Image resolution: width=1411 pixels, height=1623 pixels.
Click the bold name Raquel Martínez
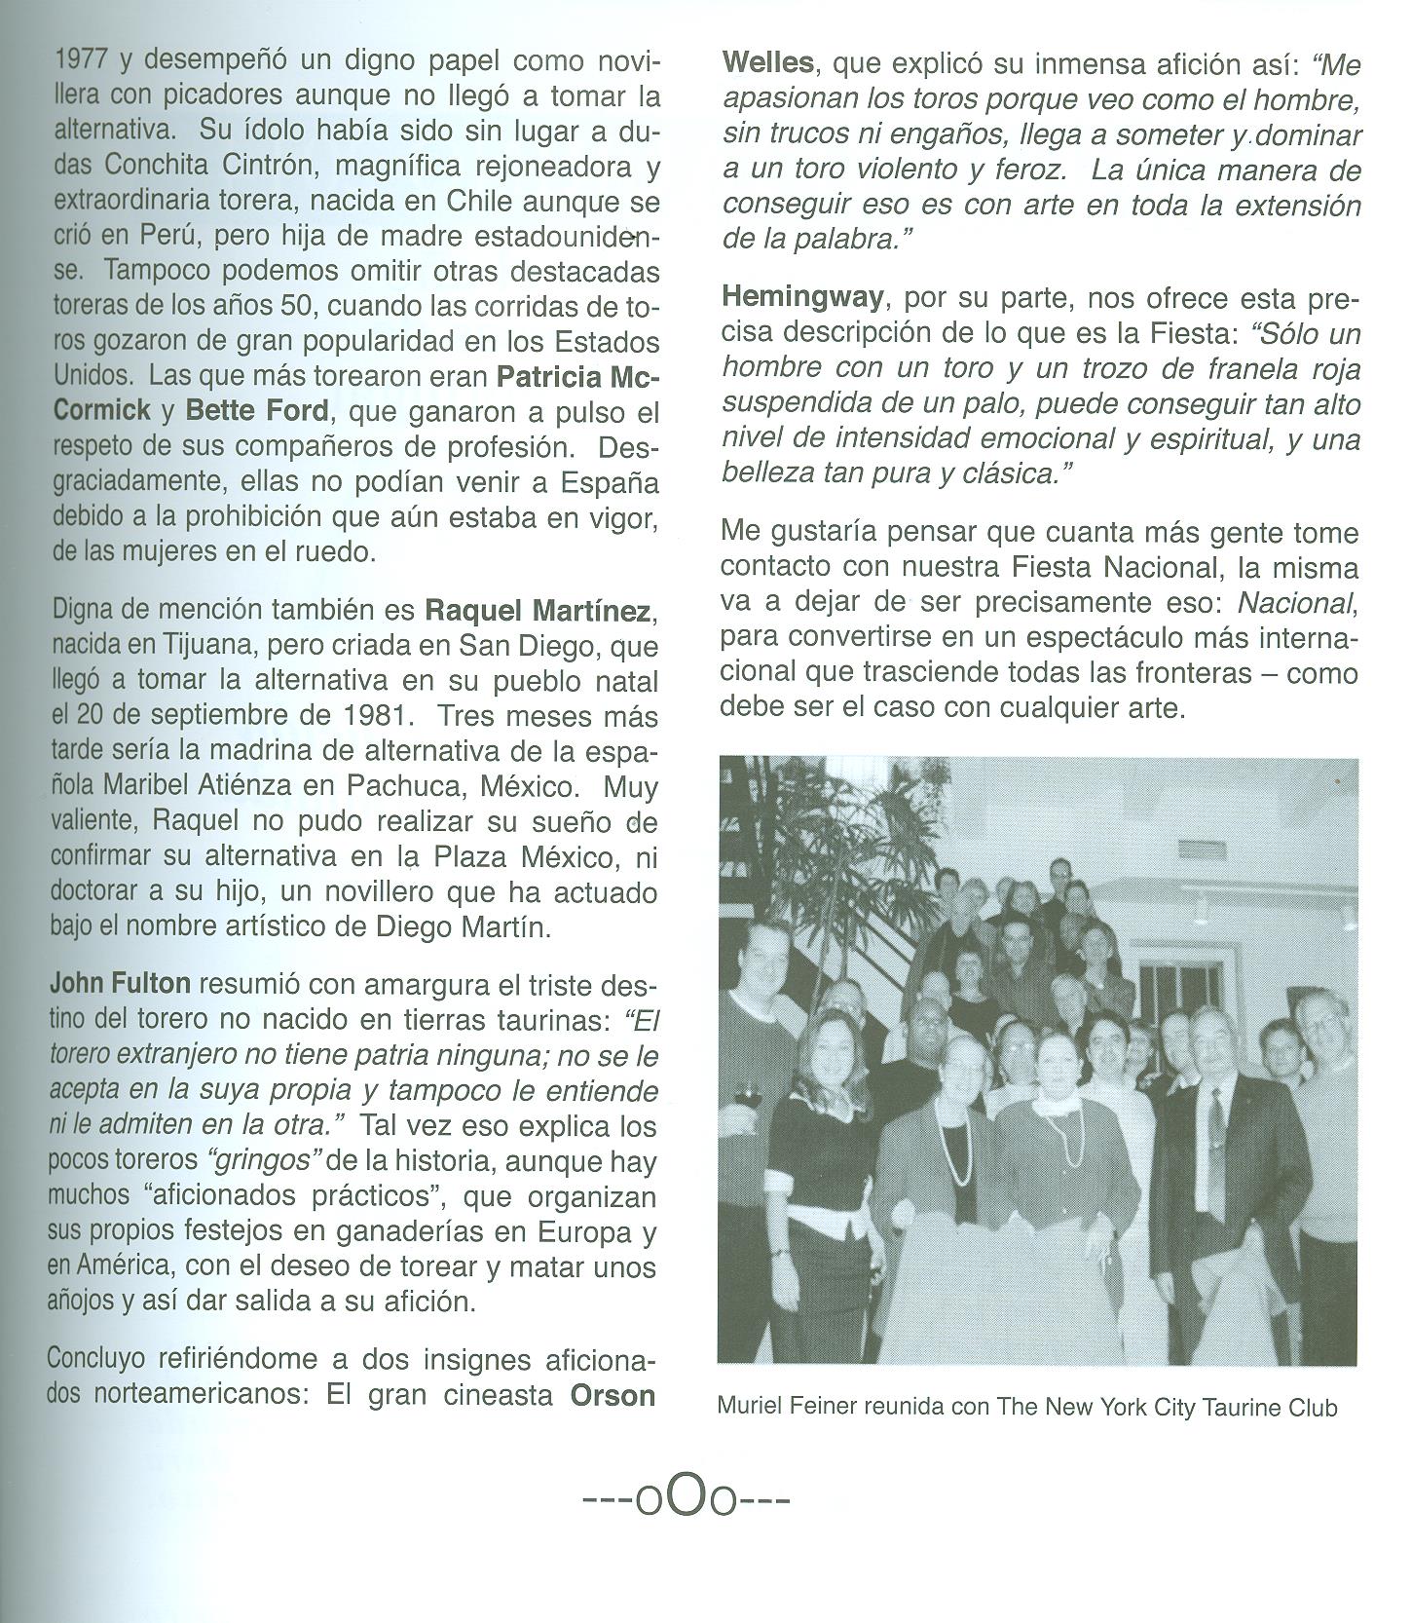tap(538, 612)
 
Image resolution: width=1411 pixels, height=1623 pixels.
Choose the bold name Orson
tap(612, 1395)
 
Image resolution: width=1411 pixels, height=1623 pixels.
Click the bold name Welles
tap(768, 64)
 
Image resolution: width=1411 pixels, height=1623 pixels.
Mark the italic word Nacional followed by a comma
tap(1296, 604)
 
